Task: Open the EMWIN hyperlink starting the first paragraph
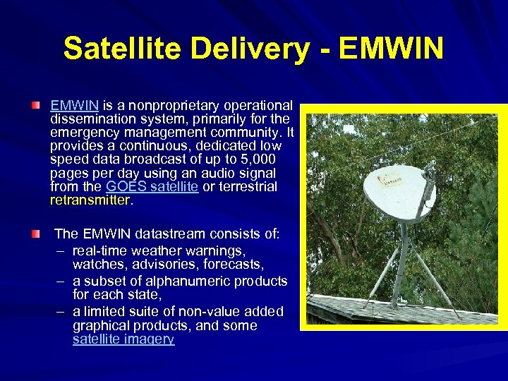coord(74,105)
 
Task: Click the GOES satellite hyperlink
coord(152,186)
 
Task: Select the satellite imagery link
coord(123,339)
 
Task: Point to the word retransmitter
coord(90,200)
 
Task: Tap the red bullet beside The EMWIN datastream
coord(36,233)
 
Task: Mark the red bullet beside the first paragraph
coord(36,105)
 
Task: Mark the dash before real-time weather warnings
coord(61,250)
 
